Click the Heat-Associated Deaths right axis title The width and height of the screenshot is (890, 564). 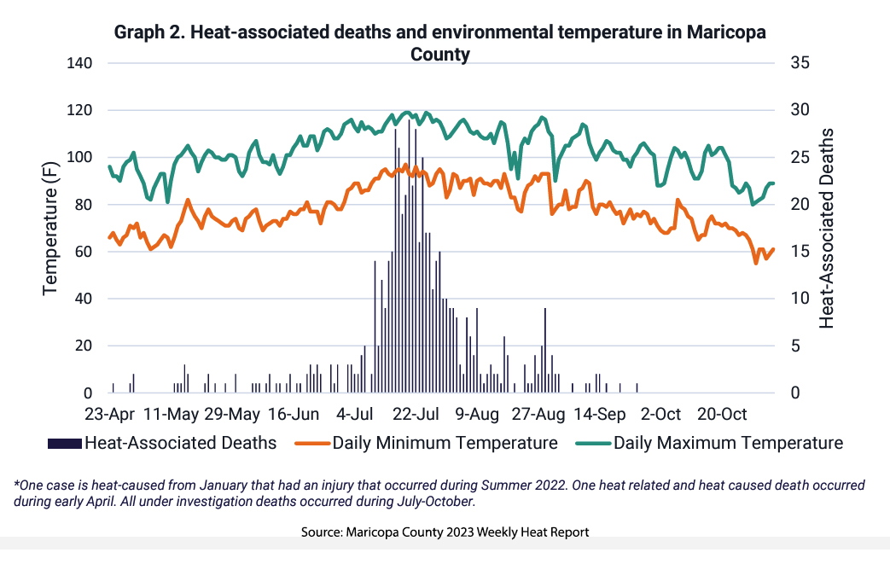(826, 228)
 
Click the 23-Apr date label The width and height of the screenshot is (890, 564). (111, 415)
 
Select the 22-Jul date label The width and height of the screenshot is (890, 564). (416, 415)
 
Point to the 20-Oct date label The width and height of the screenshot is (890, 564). (723, 415)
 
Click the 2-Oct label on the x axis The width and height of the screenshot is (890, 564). (660, 415)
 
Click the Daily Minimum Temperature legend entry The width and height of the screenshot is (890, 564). (445, 443)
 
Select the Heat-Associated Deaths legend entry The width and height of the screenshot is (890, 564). (180, 443)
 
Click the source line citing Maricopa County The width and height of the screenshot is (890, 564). (445, 532)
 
